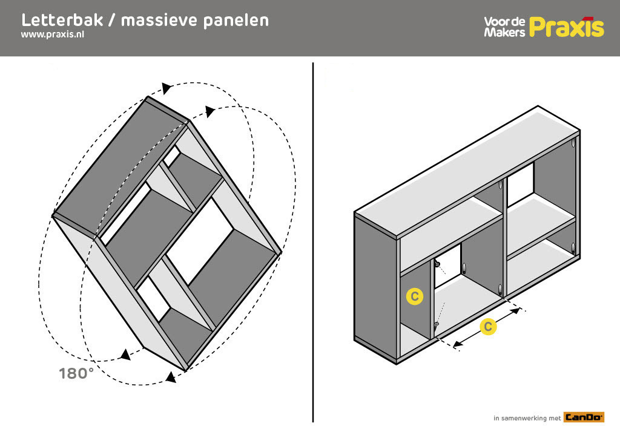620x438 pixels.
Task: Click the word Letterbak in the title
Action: pos(62,20)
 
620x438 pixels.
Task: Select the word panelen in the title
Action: pos(236,21)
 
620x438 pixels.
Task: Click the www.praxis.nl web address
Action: pos(53,34)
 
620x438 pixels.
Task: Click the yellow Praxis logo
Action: pos(567,27)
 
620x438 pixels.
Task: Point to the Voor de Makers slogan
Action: pos(504,27)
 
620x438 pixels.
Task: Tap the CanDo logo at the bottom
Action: pos(584,417)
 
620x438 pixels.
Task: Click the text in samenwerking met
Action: pos(527,418)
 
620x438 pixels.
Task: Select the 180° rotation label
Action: pos(76,373)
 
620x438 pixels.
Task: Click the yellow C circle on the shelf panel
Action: pos(414,296)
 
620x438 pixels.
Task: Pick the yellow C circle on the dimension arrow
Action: pos(488,327)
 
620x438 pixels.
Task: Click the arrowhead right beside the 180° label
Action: pos(126,355)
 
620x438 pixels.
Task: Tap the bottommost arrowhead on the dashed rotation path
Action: pos(171,378)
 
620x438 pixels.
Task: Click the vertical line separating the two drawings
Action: pos(313,242)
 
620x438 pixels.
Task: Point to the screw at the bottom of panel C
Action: pos(436,326)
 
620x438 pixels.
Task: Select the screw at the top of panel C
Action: pos(437,264)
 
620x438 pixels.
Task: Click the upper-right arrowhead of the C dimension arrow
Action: pos(515,311)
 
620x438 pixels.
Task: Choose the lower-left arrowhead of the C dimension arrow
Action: pos(458,344)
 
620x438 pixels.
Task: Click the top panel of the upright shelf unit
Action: pos(467,172)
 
